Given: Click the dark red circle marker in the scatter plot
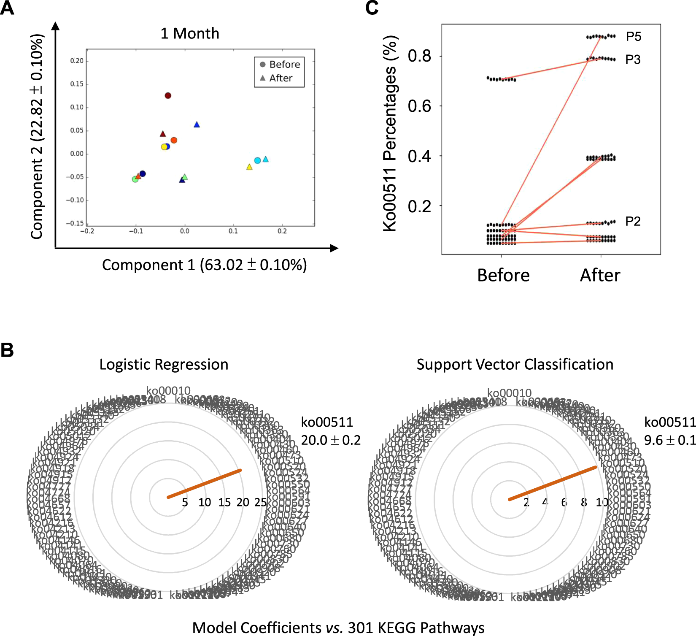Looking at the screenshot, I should coord(168,96).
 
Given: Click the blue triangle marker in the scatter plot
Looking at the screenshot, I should coord(197,124).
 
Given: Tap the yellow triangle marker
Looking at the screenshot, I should coord(249,167).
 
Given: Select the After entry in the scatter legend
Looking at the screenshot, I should coord(281,78).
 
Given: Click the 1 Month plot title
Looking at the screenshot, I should coord(190,33).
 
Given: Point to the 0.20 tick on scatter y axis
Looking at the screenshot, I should coord(77,61).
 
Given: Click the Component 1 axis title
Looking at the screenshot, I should coord(204,265).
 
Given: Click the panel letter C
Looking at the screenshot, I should coord(372,8).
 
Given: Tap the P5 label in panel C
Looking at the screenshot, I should coord(633,37).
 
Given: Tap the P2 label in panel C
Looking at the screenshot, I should coord(633,221).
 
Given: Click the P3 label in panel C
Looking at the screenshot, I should coord(633,60).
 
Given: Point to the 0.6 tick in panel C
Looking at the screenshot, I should coord(419,106).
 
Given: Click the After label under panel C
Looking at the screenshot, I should coord(600,276).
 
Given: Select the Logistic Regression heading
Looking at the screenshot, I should coord(164,365).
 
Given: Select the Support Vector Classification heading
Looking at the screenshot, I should coord(515,365).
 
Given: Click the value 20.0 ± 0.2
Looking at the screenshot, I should coord(331,440).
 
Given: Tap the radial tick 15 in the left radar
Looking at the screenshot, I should coord(224,502).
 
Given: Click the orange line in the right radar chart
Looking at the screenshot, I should coord(553,483).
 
